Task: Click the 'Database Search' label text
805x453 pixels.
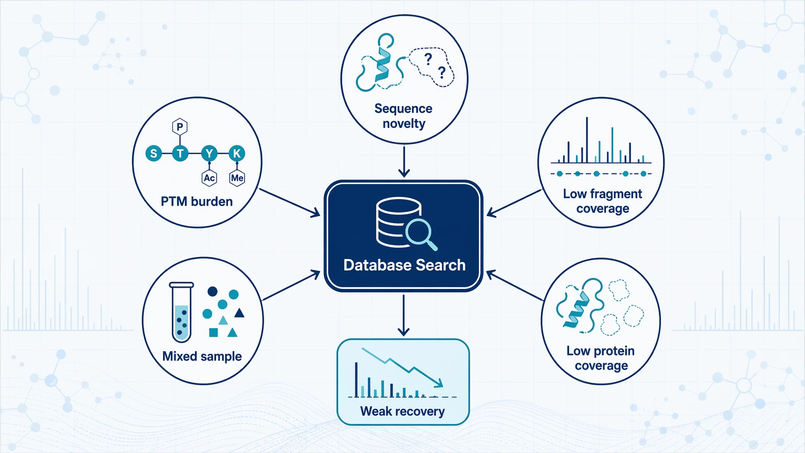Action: (x=404, y=265)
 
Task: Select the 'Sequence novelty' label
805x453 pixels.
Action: (x=404, y=116)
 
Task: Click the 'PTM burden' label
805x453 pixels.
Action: (x=197, y=201)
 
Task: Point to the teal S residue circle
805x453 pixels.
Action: (x=154, y=154)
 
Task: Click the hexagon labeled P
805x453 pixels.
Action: (x=180, y=126)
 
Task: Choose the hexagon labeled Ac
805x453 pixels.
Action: (x=209, y=178)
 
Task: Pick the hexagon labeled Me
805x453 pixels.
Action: (x=237, y=178)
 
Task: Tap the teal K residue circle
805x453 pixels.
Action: (x=237, y=154)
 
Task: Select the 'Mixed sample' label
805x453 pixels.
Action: (x=202, y=357)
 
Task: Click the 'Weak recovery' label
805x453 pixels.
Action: (x=402, y=411)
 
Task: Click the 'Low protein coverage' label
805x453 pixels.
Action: (x=601, y=358)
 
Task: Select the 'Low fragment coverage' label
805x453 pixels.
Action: (x=603, y=201)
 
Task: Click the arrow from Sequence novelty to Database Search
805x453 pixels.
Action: (x=404, y=161)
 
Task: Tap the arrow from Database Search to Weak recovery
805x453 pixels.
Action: (x=404, y=315)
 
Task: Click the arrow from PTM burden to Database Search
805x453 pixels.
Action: (x=289, y=203)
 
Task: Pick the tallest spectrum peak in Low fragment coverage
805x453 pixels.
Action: (x=587, y=140)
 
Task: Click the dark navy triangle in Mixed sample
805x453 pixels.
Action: (x=240, y=313)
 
